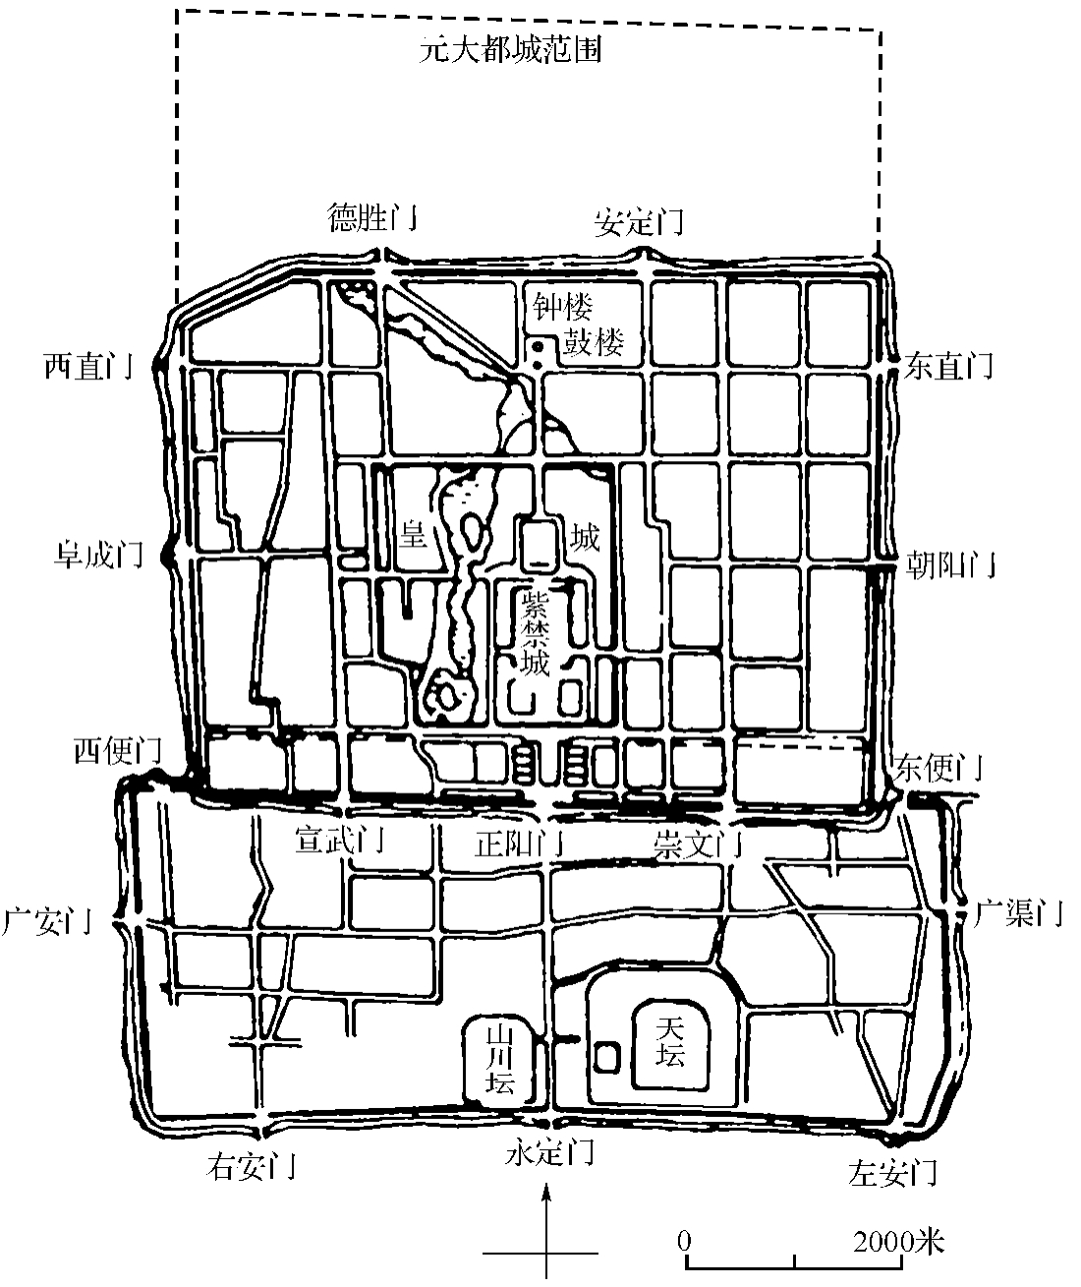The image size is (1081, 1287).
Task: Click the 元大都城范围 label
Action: [510, 49]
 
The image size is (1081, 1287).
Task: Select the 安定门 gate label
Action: [639, 222]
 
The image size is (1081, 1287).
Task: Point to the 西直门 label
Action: [89, 366]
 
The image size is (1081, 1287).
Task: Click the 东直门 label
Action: [948, 366]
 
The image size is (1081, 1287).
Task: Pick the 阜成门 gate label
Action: [98, 555]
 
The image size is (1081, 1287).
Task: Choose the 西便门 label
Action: [118, 750]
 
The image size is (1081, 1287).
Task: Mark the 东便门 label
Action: [939, 768]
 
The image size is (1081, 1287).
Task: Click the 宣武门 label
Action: [340, 840]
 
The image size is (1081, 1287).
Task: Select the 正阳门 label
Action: [519, 844]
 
